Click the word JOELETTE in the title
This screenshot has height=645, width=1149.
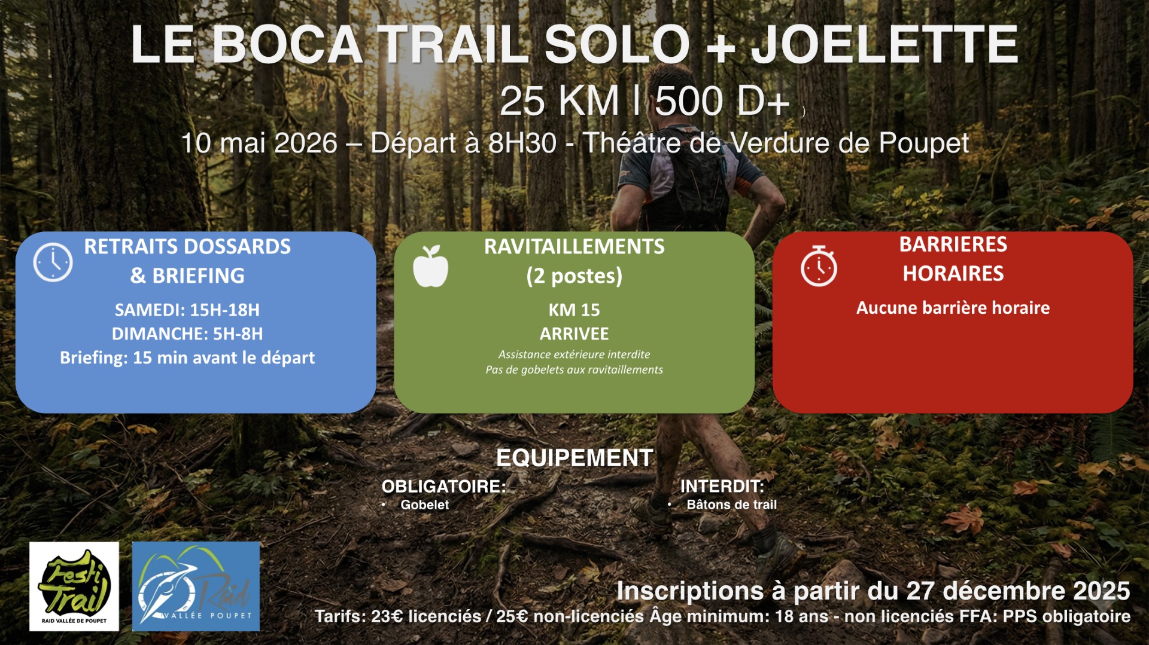tap(884, 44)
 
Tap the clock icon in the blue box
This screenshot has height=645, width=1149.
tap(53, 262)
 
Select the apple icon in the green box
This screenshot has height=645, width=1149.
tap(430, 266)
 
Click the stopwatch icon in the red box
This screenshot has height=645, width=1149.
tap(819, 266)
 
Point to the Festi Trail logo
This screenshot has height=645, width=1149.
tap(74, 586)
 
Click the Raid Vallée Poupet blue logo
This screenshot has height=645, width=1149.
tap(196, 586)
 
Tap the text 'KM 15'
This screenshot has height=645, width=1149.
tap(574, 310)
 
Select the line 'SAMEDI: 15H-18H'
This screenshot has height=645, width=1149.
tap(187, 310)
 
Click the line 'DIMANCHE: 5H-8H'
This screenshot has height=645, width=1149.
tap(187, 334)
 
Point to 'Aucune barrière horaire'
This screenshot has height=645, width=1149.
tap(953, 308)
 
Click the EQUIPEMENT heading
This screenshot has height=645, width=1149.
tap(574, 458)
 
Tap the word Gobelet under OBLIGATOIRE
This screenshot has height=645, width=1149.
tap(425, 505)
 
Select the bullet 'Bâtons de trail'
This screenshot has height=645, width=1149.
tap(731, 505)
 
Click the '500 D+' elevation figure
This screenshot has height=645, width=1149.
tap(722, 101)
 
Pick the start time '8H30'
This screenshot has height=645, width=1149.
tap(522, 143)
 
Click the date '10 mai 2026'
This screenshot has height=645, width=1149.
tap(259, 143)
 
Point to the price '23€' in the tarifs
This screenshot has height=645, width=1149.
tap(387, 616)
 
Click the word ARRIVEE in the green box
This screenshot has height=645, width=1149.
tap(574, 334)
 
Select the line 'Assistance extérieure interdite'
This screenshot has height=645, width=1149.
tap(574, 354)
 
